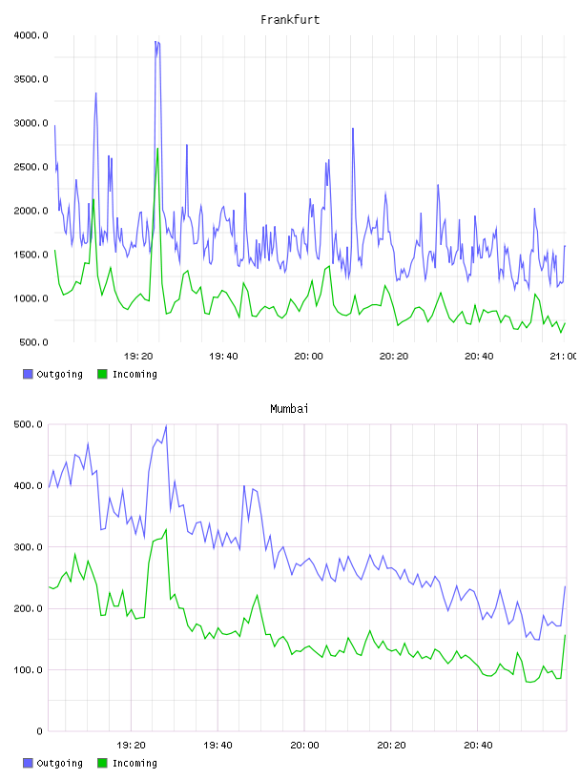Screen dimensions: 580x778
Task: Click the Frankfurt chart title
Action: point(290,20)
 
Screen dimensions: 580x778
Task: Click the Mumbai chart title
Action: point(289,409)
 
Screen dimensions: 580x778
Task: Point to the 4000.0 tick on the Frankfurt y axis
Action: point(31,35)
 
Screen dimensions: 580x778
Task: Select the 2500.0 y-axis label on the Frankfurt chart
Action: point(31,167)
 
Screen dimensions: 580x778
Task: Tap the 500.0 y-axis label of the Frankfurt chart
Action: point(33,342)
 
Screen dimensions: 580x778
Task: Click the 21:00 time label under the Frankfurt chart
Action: point(564,356)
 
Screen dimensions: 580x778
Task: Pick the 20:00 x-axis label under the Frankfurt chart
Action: point(308,356)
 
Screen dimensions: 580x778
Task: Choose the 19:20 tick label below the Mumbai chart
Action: point(131,745)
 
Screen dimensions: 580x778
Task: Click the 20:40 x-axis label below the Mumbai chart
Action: point(478,745)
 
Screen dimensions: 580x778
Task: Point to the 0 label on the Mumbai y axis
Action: point(39,731)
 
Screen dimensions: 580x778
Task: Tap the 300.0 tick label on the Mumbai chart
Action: point(28,546)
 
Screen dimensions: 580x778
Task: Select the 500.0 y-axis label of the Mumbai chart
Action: point(28,424)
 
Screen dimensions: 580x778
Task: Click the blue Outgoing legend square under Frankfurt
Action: point(28,374)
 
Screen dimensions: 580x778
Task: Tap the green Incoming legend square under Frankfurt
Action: point(102,374)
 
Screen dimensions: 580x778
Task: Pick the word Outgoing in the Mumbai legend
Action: point(59,763)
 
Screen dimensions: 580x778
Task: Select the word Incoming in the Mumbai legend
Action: point(135,763)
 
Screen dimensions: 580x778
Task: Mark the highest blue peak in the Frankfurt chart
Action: point(155,42)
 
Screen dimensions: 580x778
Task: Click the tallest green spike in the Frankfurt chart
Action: point(157,149)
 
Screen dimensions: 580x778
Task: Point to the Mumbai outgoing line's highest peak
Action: point(166,425)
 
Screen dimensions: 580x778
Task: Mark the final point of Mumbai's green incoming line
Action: point(565,635)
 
